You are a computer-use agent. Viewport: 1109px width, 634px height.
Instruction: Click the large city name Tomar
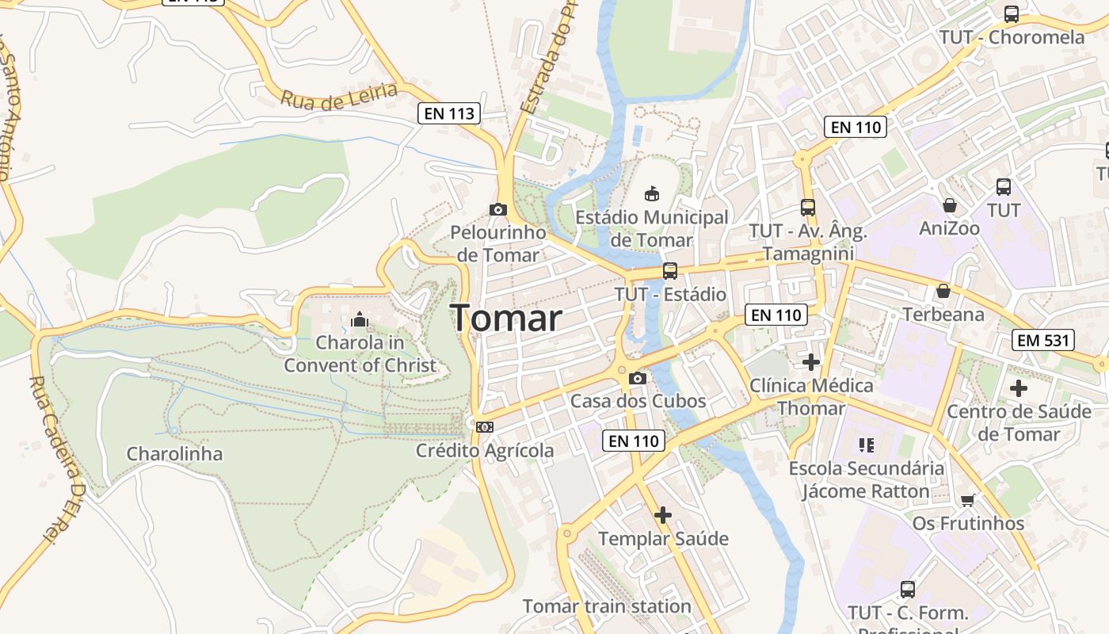[507, 319]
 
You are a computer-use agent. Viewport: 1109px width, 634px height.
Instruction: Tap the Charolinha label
[174, 454]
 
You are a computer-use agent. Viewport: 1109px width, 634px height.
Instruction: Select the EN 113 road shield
[449, 113]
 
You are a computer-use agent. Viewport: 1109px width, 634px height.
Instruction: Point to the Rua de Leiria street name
[338, 96]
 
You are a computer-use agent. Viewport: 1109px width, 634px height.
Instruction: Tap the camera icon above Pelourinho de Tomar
[498, 209]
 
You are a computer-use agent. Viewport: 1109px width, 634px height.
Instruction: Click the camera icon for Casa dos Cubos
[638, 379]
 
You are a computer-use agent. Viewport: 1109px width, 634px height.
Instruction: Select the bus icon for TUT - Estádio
[670, 271]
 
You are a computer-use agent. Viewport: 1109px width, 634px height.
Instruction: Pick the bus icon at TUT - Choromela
[1012, 13]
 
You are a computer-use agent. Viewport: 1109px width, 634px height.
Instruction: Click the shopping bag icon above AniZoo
[949, 205]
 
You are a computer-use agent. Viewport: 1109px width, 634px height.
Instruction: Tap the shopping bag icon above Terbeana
[943, 291]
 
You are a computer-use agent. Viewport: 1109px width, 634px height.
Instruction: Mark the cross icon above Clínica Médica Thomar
[811, 362]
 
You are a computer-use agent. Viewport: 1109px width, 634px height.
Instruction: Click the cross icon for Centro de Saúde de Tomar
[1019, 388]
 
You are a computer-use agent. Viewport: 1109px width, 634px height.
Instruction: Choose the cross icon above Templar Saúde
[663, 515]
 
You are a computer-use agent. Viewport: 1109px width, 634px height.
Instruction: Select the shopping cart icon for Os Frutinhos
[967, 500]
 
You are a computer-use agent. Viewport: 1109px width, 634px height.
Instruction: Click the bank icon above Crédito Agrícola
[485, 427]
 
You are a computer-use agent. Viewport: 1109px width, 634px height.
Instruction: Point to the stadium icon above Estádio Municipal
[652, 193]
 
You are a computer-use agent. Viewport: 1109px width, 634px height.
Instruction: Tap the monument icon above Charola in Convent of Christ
[360, 319]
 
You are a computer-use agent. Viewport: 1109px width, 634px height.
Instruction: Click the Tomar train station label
[607, 606]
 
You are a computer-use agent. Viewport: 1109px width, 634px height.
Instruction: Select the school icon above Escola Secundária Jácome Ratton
[866, 445]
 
